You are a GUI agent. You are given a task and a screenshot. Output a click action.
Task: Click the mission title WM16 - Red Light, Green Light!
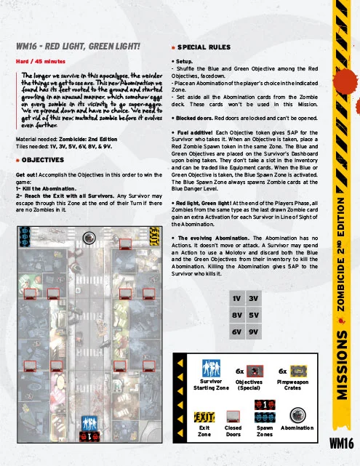coord(78,47)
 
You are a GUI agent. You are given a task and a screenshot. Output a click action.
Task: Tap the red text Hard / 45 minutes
coord(41,62)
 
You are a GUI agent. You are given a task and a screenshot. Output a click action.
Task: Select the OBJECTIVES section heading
coord(43,160)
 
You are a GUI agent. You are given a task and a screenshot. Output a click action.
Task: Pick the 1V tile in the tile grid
coord(237,298)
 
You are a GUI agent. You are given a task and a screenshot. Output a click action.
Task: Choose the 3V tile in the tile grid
coord(254,298)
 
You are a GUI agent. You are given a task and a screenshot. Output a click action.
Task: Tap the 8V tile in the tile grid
coord(237,315)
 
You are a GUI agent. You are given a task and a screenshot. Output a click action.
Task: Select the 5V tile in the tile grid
coord(254,315)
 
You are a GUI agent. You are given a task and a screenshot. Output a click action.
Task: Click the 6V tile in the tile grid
coord(237,332)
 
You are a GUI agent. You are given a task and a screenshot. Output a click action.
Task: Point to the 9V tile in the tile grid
coord(254,332)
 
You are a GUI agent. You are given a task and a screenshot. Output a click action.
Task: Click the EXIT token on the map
coord(155,236)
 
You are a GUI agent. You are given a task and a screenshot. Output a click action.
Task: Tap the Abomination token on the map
coord(89,238)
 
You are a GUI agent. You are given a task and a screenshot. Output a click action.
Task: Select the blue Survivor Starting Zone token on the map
coord(89,423)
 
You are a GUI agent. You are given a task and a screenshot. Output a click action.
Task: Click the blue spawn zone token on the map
coord(25,236)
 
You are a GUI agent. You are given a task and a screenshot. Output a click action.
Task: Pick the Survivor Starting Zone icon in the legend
coord(211,369)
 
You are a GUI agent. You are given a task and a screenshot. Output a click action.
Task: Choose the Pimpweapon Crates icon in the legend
coord(298,371)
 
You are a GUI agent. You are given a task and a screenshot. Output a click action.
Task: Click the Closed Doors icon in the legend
coord(233,417)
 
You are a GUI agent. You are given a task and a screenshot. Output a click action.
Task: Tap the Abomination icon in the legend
coord(297,415)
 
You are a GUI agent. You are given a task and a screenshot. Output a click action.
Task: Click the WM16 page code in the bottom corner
coord(342,443)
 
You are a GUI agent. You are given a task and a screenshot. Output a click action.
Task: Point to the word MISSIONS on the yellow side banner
coord(342,365)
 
